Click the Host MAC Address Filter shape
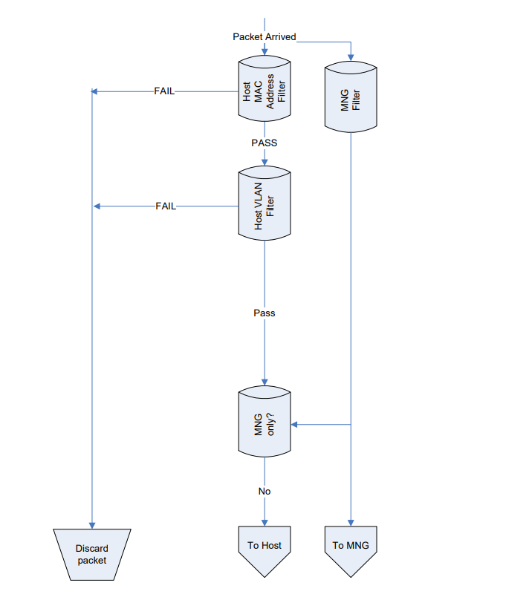264,88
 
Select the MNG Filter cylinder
351,97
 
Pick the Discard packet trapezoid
92,554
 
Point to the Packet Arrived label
265,36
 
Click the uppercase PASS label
264,143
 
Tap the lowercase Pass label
264,313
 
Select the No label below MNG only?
264,491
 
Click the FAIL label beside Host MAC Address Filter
164,91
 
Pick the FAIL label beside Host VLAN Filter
166,206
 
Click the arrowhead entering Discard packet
92,524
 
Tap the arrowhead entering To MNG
351,522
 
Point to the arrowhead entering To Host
264,522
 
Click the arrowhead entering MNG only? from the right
295,425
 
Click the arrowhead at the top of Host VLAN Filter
264,161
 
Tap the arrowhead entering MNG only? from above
264,382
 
